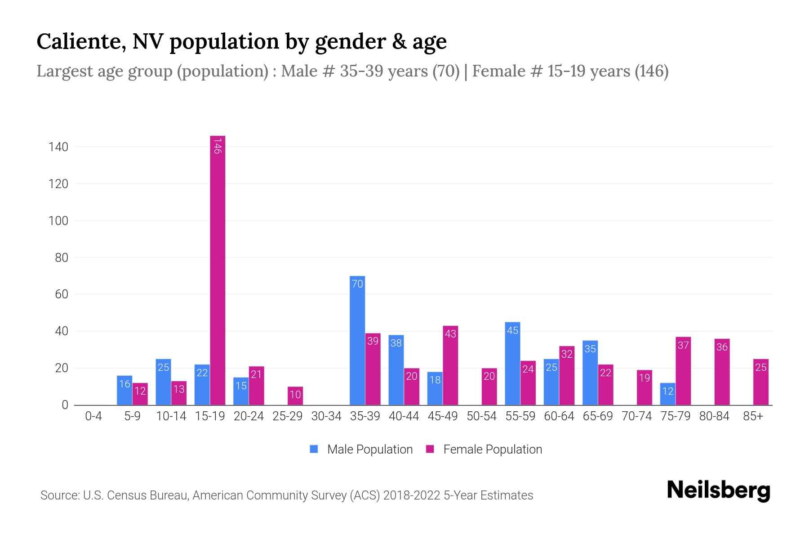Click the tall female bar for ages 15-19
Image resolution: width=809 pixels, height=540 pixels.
[x=218, y=270]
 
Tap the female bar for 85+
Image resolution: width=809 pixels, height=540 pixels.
[x=761, y=382]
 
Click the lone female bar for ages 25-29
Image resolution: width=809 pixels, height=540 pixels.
[x=295, y=396]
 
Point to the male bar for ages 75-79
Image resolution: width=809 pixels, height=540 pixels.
[x=667, y=394]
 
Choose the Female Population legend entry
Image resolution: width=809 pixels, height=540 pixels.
[x=484, y=450]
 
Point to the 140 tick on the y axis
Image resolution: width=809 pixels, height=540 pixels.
[x=58, y=147]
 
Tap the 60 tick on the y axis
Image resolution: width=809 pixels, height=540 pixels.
[x=61, y=295]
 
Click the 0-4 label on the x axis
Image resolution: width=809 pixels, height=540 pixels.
[x=93, y=416]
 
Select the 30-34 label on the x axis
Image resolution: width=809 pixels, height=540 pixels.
[x=326, y=416]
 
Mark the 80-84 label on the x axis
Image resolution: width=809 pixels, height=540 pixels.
[x=714, y=416]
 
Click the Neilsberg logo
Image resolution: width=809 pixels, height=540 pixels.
[x=718, y=490]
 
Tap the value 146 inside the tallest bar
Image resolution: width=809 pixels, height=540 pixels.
[x=218, y=146]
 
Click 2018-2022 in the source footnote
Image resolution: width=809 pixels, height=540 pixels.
[x=411, y=495]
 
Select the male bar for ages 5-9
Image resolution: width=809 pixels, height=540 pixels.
[x=124, y=390]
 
